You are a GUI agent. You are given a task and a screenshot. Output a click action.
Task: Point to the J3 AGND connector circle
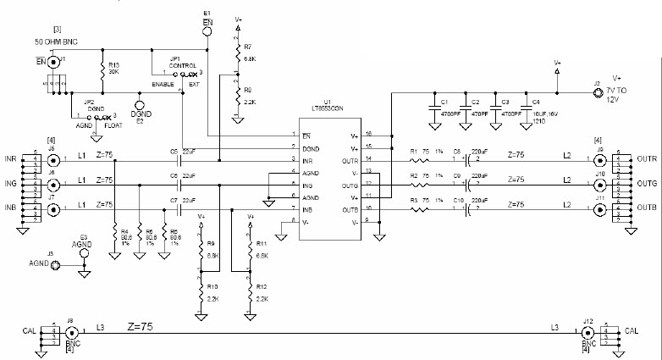[x=56, y=265]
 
